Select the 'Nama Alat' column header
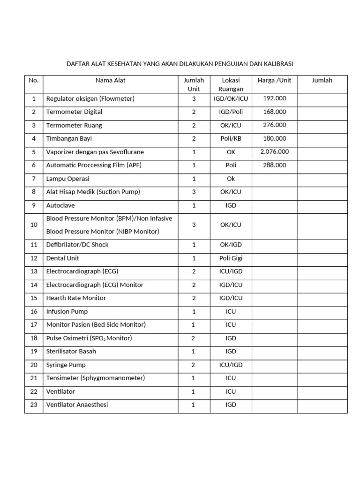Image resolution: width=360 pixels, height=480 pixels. [110, 80]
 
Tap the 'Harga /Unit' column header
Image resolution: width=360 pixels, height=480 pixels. [274, 80]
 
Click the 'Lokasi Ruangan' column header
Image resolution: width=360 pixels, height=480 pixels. [231, 84]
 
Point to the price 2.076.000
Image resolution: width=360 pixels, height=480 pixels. [274, 152]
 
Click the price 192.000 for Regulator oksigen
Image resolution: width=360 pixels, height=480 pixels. [274, 98]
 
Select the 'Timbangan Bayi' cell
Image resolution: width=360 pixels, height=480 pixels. [69, 139]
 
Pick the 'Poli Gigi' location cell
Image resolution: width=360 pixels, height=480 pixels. [231, 258]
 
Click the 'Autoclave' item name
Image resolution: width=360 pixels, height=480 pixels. [60, 205]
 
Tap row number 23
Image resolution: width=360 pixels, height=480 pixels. [34, 405]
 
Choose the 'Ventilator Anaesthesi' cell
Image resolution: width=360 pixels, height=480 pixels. [77, 405]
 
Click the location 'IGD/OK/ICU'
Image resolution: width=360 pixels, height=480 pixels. [231, 98]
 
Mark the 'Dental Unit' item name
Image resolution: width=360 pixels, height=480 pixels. [63, 258]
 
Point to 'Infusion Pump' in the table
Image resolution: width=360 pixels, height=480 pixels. [67, 311]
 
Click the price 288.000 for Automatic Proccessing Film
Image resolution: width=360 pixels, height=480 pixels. [274, 165]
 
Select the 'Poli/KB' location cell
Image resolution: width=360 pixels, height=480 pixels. [231, 139]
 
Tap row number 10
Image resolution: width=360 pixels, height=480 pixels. [34, 225]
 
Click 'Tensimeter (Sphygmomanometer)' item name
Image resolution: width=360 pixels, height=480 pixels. [96, 378]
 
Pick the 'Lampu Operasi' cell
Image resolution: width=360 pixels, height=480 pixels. [67, 179]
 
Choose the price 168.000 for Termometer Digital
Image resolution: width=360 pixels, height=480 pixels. [274, 112]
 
